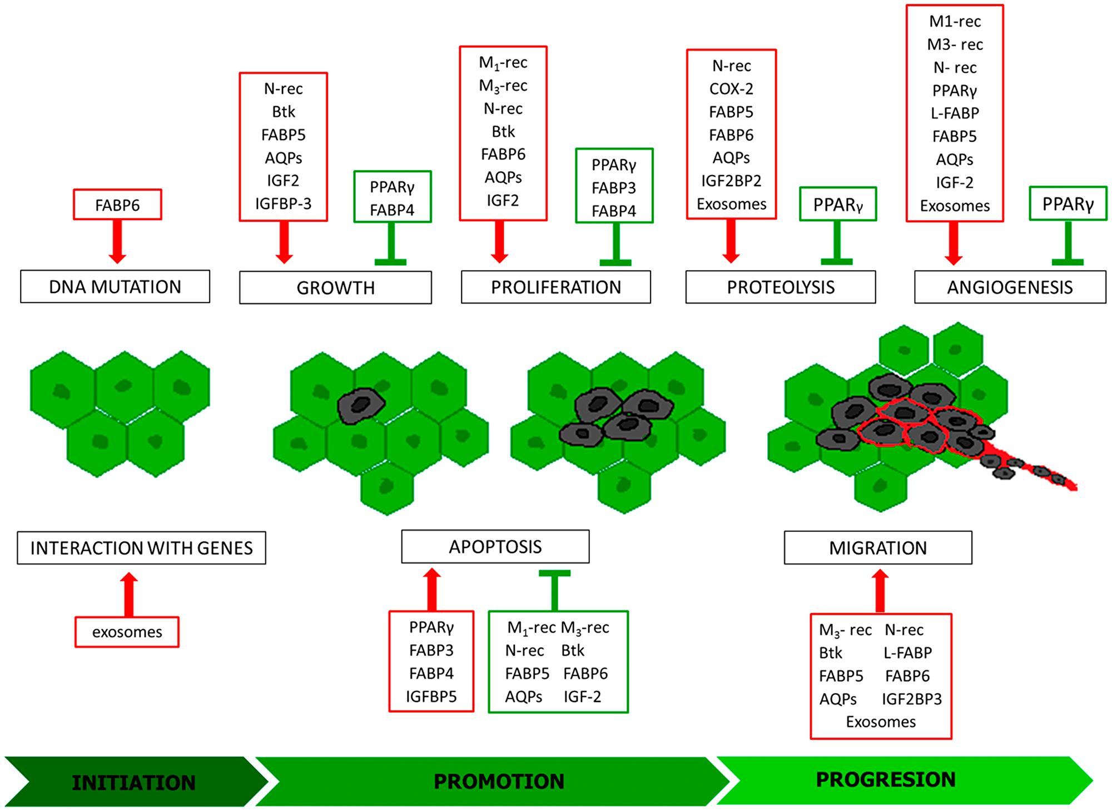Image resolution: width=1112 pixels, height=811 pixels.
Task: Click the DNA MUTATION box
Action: (115, 287)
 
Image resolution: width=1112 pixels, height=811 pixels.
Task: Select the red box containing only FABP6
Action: (117, 205)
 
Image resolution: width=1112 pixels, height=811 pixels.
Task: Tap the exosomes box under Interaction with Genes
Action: (127, 632)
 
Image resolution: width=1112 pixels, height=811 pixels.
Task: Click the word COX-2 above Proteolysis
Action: (731, 89)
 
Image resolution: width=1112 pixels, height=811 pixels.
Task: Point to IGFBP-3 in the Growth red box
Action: (283, 204)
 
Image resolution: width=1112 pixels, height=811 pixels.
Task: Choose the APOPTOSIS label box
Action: (495, 547)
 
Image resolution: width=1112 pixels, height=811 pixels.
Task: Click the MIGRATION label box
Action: (878, 548)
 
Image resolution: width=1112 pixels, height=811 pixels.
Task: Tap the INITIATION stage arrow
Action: (133, 782)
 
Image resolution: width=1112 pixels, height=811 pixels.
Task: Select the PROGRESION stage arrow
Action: (885, 779)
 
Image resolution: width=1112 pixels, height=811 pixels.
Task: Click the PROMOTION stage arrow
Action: (498, 781)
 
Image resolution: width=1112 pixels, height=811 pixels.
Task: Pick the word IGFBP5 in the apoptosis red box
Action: (431, 696)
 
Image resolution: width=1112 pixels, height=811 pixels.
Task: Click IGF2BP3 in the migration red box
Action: (912, 699)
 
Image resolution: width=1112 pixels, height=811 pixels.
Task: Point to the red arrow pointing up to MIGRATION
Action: (880, 590)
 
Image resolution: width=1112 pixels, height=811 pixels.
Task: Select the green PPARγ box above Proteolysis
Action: (838, 205)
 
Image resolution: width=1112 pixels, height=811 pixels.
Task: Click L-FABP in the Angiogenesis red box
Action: (955, 113)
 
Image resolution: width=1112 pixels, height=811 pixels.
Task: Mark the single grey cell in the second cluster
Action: (361, 405)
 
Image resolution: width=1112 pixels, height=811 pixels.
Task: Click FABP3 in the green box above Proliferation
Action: (614, 188)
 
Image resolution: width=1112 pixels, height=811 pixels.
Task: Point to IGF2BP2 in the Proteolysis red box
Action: (731, 181)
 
